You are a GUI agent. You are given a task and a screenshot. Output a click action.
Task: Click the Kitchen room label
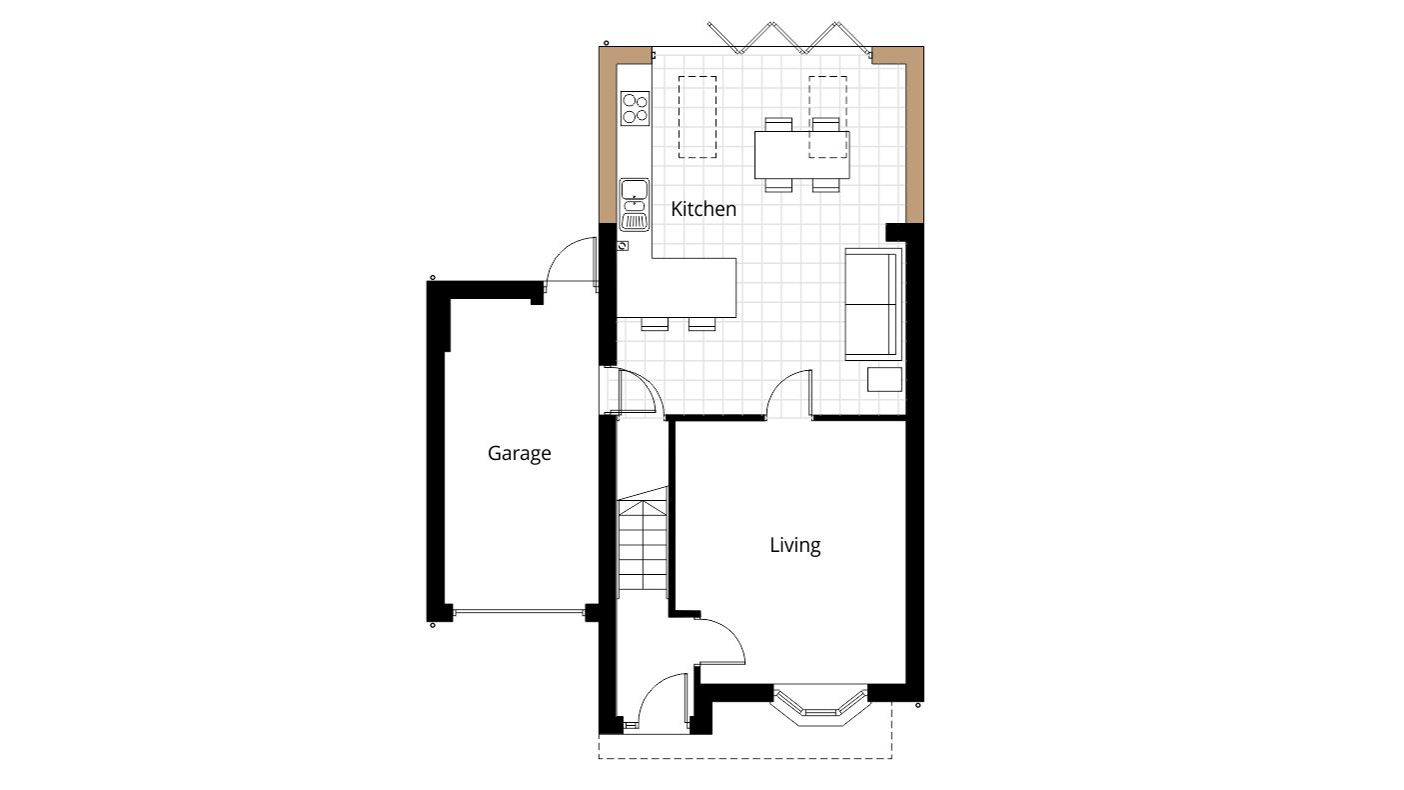pos(702,209)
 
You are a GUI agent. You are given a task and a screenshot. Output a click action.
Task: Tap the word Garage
pos(519,453)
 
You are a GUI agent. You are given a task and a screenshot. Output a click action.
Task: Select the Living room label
pos(794,545)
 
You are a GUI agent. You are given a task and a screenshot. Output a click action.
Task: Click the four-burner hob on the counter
pos(634,108)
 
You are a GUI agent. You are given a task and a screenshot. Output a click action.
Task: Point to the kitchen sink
pos(634,204)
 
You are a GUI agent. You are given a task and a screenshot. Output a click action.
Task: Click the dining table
pos(801,155)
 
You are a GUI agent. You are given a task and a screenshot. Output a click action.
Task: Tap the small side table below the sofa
pos(883,380)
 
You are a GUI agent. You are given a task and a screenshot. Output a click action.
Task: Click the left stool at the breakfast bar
pos(655,323)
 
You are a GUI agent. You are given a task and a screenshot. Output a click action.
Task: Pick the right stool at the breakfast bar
pos(702,323)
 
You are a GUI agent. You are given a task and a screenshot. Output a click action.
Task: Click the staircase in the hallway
pos(642,545)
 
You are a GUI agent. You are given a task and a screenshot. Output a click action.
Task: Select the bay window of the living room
pos(820,704)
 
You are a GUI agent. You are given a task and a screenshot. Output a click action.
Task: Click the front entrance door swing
pos(663,700)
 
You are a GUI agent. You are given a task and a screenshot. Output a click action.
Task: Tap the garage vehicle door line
pos(518,611)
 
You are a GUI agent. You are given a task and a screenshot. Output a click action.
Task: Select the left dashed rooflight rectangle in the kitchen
pos(698,117)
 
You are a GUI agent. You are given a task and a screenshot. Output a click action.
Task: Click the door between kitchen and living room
pos(789,394)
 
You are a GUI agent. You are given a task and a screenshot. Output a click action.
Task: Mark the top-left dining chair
pos(777,124)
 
